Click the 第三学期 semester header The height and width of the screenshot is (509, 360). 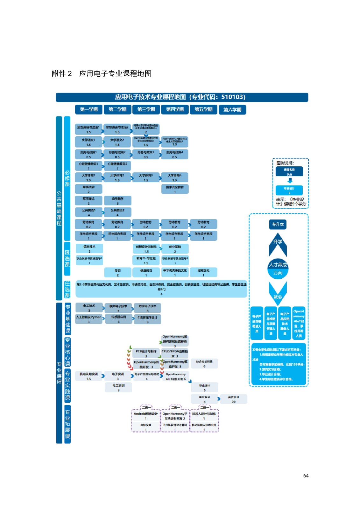pyautogui.click(x=146, y=109)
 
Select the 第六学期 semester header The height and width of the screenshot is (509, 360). pyautogui.click(x=232, y=110)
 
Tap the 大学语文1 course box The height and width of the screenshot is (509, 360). pyautogui.click(x=88, y=142)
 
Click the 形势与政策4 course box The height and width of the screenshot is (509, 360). pyautogui.click(x=175, y=154)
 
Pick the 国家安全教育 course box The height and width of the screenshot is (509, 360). pyautogui.click(x=175, y=189)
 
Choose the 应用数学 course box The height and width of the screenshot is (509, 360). pyautogui.click(x=117, y=201)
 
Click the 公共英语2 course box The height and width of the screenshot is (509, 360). pyautogui.click(x=117, y=212)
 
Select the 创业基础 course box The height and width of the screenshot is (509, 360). pyautogui.click(x=175, y=248)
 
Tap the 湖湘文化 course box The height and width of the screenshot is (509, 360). pyautogui.click(x=203, y=272)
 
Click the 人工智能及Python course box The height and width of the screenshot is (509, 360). pyautogui.click(x=89, y=319)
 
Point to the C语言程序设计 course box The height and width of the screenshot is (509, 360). pyautogui.click(x=147, y=319)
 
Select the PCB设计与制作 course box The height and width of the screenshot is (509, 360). pyautogui.click(x=146, y=353)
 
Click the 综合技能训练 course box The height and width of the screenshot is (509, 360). pyautogui.click(x=204, y=364)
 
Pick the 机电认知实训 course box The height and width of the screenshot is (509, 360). pyautogui.click(x=89, y=376)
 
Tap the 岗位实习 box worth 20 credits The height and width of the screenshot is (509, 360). pyautogui.click(x=233, y=399)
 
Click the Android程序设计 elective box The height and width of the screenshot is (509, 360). pyautogui.click(x=146, y=416)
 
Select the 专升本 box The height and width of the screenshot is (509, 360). pyautogui.click(x=278, y=225)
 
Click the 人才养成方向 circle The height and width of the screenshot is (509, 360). pyautogui.click(x=278, y=269)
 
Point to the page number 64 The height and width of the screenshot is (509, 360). pyautogui.click(x=306, y=476)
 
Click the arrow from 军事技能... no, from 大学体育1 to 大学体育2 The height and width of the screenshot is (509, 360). pyautogui.click(x=103, y=178)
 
